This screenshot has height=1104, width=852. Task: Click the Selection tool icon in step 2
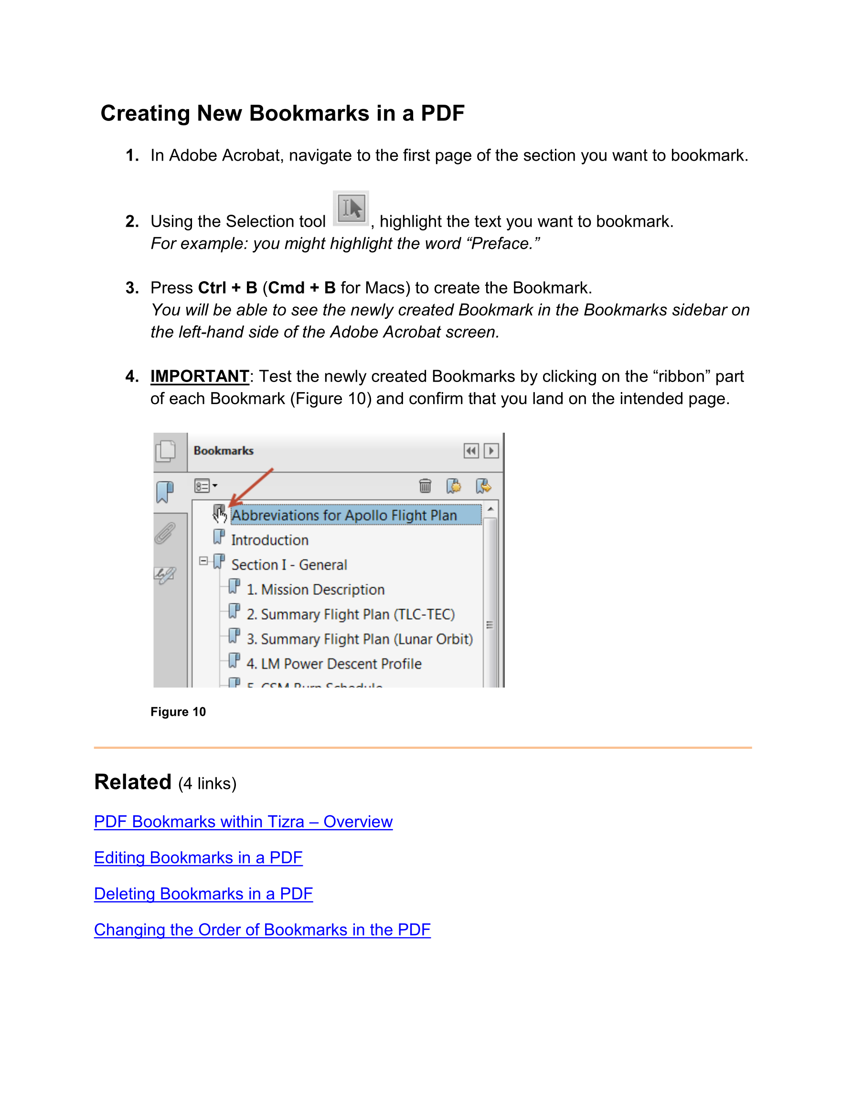[351, 208]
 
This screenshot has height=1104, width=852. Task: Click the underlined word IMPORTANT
[200, 377]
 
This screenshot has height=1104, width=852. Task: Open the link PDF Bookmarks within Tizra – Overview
[243, 821]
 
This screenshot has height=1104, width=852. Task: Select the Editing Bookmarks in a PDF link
[198, 857]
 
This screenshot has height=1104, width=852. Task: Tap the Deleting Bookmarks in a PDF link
[203, 894]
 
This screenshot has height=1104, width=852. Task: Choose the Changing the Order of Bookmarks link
[262, 929]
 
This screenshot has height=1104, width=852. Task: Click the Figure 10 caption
[178, 712]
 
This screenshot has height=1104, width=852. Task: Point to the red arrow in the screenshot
[251, 486]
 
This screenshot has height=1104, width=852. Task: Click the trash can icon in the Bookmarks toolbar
[425, 486]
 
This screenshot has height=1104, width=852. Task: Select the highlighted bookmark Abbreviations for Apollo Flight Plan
[344, 515]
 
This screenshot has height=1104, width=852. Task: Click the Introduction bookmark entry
[270, 540]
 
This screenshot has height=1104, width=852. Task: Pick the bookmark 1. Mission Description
[315, 590]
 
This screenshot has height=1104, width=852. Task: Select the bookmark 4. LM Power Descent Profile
[334, 664]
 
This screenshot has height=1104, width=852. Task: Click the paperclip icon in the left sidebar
[165, 533]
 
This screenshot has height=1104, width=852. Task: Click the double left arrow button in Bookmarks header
[471, 450]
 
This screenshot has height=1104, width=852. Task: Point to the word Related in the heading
[133, 782]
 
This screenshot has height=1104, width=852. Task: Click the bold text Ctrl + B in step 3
[228, 288]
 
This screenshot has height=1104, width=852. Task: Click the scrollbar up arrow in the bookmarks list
[490, 509]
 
